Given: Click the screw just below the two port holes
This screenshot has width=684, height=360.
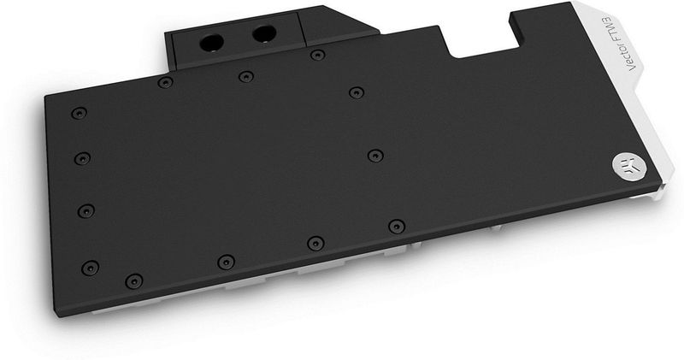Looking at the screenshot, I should (245, 77).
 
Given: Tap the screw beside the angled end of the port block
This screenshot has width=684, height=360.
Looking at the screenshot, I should (317, 56).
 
